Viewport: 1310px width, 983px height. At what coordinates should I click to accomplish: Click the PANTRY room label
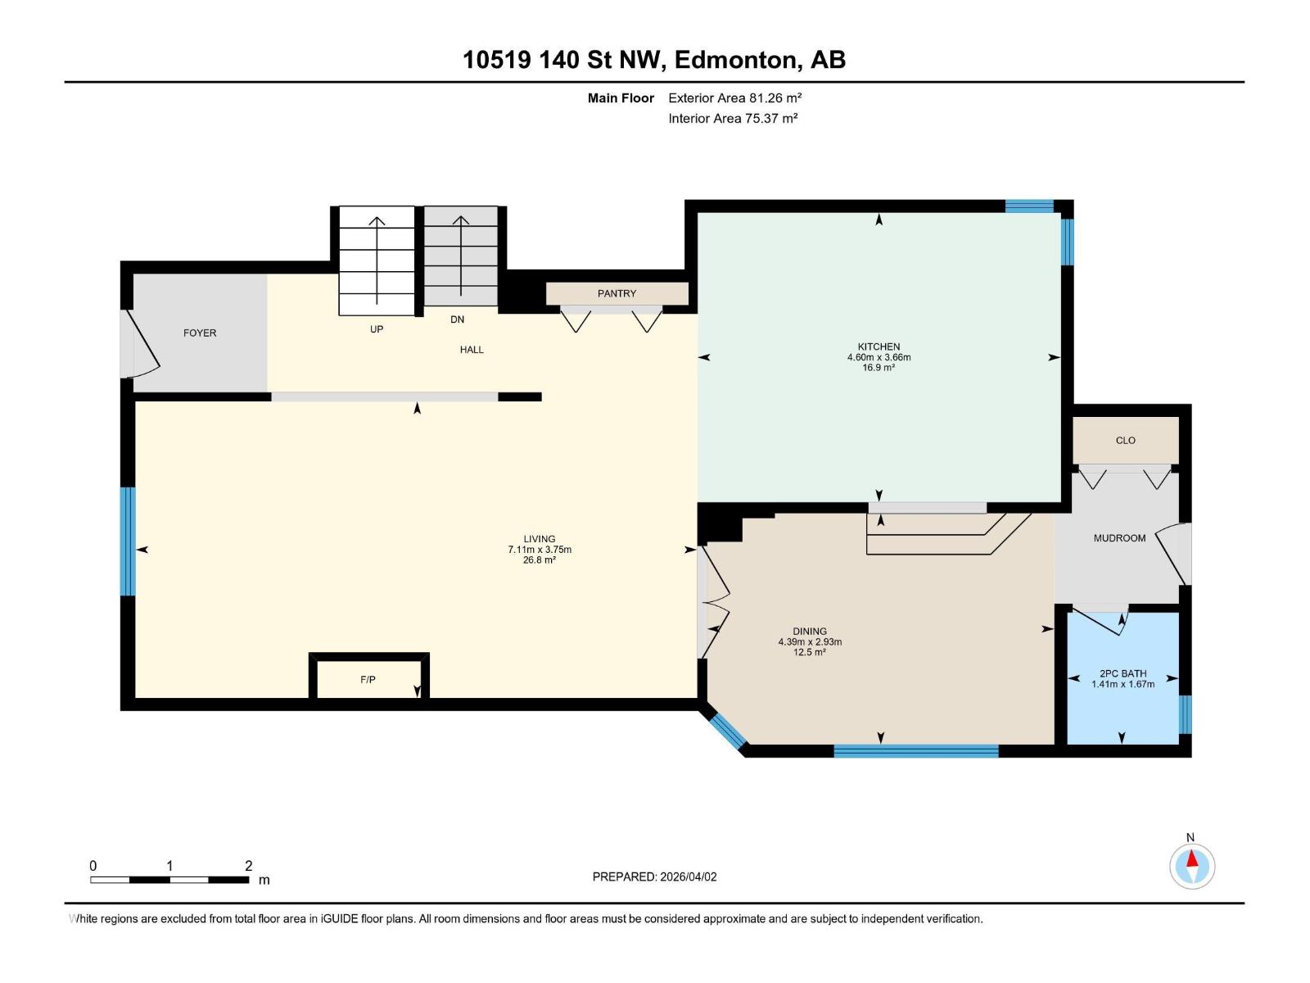coord(617,293)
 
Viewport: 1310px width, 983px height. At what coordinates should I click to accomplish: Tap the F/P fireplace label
coord(368,680)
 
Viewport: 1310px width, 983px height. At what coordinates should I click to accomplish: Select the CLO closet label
coord(1125,441)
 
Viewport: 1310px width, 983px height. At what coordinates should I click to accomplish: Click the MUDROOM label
coord(1119,538)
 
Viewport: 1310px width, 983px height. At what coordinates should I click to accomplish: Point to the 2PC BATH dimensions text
coord(1123,684)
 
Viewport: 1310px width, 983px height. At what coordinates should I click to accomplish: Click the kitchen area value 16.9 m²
coord(879,368)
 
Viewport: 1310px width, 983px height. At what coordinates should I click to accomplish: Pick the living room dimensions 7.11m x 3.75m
coord(540,550)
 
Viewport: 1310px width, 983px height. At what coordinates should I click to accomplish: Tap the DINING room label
coord(809,632)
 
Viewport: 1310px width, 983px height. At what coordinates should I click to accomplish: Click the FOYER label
coord(200,333)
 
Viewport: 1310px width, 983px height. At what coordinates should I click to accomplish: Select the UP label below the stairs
coord(377,329)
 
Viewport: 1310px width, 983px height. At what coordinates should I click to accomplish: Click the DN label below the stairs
coord(457,319)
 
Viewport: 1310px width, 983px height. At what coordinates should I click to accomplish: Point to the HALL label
coord(472,350)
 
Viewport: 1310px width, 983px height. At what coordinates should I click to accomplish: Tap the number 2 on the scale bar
coord(248,866)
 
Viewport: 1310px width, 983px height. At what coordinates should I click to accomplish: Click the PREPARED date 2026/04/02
coord(688,877)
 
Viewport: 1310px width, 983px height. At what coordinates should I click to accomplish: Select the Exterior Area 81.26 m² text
coord(734,97)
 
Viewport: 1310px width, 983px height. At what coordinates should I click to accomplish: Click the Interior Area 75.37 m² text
coord(733,118)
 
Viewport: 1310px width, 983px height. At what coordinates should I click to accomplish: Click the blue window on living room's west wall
coord(128,541)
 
